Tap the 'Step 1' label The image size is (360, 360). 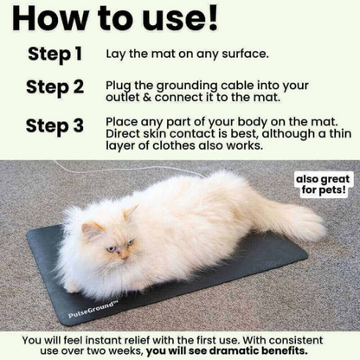click(x=55, y=54)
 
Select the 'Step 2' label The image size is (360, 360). click(x=55, y=87)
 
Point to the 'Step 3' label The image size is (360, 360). click(x=55, y=125)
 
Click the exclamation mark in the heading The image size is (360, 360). click(x=210, y=19)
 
